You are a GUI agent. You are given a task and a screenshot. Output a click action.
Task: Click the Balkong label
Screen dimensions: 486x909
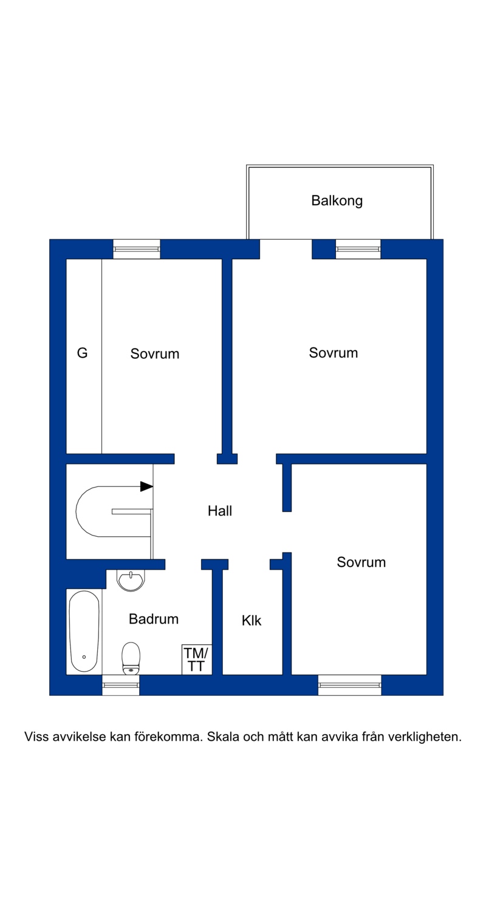pos(337,201)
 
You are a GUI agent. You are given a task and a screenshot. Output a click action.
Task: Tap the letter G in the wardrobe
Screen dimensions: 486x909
pos(82,353)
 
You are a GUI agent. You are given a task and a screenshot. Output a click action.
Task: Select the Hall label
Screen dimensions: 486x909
pos(220,511)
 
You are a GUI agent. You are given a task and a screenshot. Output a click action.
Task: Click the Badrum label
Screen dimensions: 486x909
pos(154,619)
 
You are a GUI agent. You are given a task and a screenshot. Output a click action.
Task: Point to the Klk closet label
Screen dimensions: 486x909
pos(252,621)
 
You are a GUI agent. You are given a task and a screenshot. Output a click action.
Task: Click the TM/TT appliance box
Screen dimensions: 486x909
pos(196,659)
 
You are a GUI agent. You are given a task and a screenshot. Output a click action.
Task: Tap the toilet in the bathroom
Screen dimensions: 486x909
pos(131,658)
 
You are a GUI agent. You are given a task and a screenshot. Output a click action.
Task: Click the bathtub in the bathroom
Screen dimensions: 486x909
pos(84,631)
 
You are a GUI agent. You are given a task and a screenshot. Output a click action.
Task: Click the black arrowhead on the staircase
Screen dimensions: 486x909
pos(146,486)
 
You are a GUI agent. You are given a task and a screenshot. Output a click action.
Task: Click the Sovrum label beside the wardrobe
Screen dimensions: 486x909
pos(155,353)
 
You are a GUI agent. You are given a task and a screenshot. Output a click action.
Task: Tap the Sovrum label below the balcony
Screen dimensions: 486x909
pos(334,353)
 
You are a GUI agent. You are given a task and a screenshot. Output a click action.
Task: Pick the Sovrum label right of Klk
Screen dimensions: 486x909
pos(361,562)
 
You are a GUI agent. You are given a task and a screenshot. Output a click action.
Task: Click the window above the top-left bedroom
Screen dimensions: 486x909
pos(137,249)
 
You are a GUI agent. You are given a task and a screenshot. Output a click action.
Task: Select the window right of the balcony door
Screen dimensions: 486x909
pos(358,249)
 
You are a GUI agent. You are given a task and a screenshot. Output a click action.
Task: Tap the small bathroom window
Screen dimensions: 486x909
pos(120,685)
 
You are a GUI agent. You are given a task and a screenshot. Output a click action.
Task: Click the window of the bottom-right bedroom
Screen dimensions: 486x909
pos(349,685)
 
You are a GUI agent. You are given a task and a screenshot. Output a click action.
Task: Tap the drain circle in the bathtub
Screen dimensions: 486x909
pos(84,656)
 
